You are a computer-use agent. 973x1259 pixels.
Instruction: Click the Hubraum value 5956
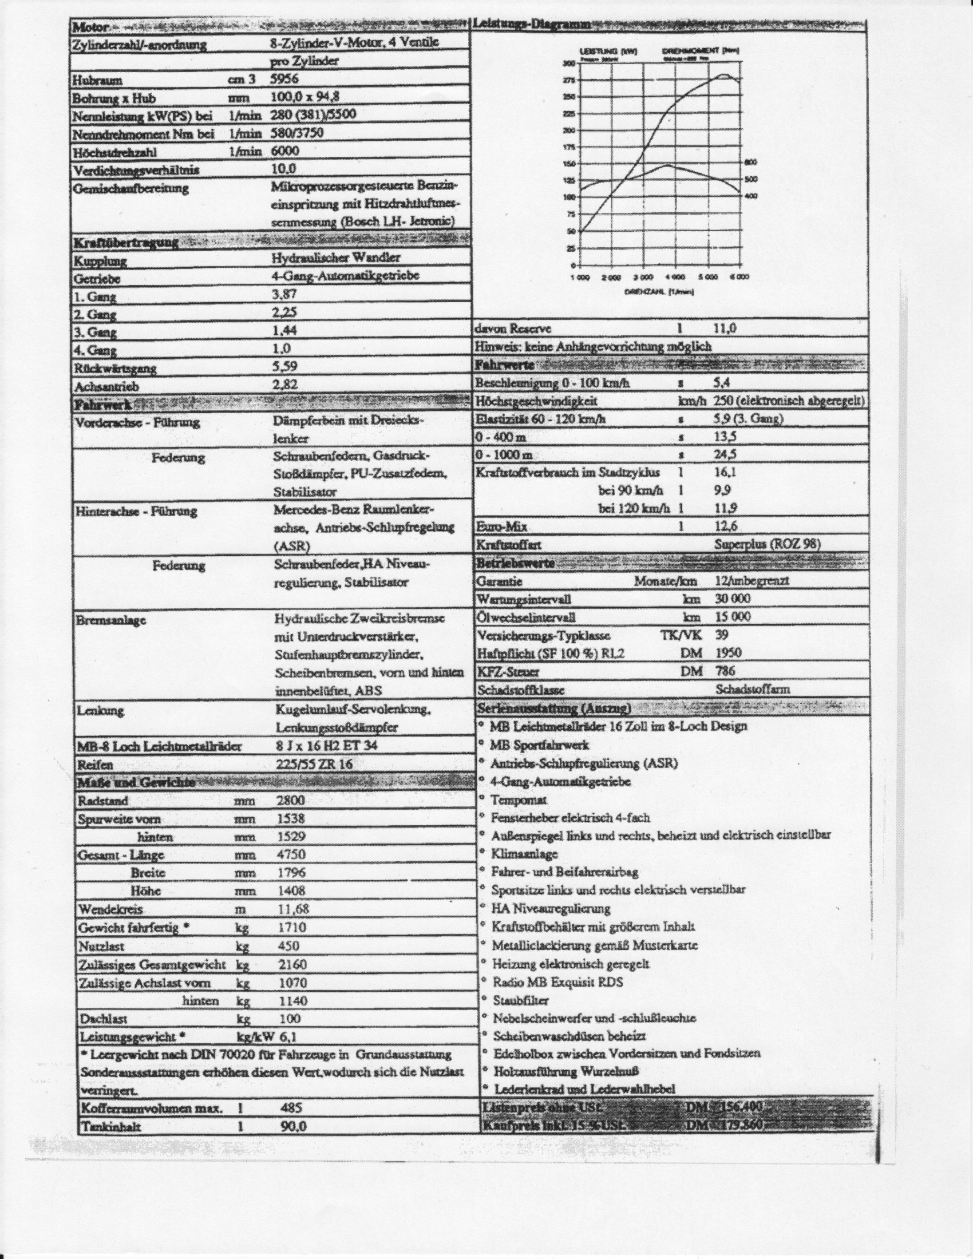pos(284,79)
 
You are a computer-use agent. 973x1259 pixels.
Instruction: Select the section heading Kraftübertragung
pos(126,242)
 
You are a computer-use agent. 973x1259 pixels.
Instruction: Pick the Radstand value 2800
pos(291,800)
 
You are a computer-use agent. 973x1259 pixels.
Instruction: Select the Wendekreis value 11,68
pos(293,909)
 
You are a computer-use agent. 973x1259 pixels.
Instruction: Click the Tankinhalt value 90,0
pos(294,1126)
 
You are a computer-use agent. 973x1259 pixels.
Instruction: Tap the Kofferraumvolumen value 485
pos(291,1107)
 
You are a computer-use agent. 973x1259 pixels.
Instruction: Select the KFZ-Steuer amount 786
pos(725,671)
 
